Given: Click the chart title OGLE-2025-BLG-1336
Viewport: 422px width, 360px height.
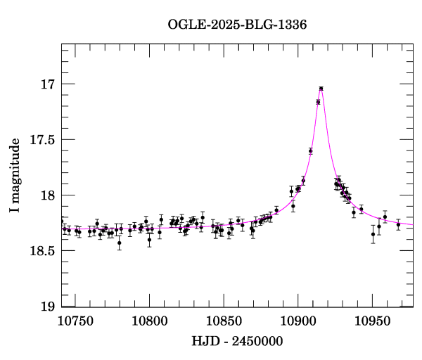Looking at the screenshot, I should (237, 24).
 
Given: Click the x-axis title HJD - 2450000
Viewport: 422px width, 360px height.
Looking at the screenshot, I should (237, 342).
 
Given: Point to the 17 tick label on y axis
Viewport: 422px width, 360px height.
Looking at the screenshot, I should (48, 84).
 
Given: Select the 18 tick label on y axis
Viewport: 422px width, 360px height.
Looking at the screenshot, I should (48, 195).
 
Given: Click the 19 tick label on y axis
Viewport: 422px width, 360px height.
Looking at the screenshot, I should (48, 307).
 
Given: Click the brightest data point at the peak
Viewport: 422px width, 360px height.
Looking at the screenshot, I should (321, 89).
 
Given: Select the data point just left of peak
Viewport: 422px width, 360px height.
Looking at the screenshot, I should (318, 102).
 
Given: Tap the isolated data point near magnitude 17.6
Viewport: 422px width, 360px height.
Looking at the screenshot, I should (310, 150).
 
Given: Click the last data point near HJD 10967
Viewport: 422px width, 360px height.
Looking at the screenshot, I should (398, 224).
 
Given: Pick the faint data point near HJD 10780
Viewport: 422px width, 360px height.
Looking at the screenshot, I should (120, 243).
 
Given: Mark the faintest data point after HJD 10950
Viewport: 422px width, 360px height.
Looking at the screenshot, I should (373, 234).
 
